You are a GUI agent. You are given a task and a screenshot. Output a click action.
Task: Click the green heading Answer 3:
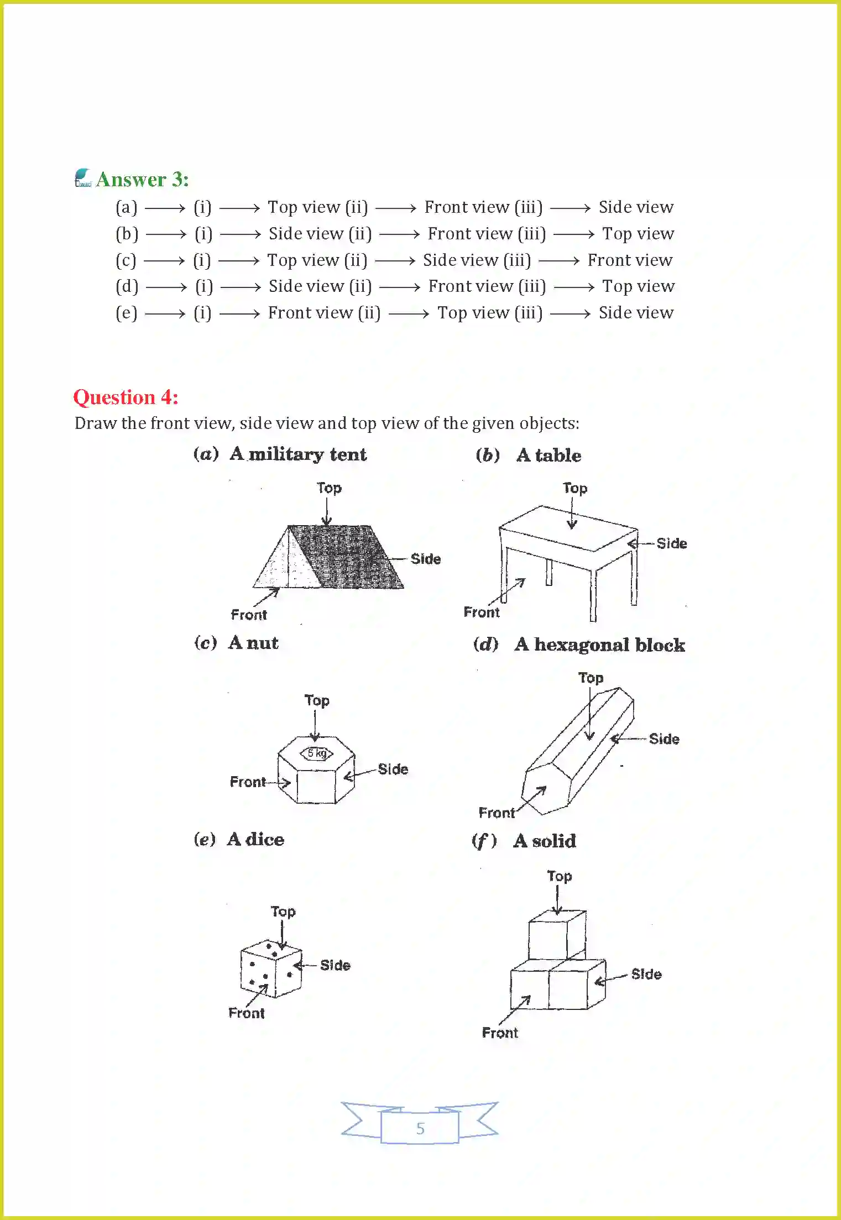click(142, 180)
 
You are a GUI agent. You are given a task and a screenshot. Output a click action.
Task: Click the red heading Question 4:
click(126, 397)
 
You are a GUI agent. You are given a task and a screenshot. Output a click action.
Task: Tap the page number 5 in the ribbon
click(420, 1128)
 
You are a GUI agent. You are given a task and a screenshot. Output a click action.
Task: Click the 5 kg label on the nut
click(317, 753)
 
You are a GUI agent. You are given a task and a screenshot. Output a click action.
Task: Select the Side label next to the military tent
click(425, 559)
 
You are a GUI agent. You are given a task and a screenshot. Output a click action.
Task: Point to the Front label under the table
click(481, 612)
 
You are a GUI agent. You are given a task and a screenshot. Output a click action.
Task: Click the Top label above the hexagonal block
click(591, 678)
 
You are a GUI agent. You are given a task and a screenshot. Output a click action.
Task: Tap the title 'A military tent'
click(298, 454)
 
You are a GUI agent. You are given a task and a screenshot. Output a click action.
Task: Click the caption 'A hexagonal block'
click(599, 645)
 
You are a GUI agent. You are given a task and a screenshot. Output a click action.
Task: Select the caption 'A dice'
click(255, 839)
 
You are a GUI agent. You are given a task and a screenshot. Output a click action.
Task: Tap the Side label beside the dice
click(335, 965)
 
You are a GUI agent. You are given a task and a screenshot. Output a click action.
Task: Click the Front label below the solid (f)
click(500, 1033)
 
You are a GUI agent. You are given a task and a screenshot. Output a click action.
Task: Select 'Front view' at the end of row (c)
click(630, 260)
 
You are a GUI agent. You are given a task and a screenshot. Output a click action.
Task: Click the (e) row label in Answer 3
click(126, 313)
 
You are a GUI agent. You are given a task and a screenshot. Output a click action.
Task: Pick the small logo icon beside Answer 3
click(83, 178)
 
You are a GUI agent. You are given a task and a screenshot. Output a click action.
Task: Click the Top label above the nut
click(317, 700)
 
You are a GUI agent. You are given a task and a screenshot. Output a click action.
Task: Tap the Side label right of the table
click(671, 543)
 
